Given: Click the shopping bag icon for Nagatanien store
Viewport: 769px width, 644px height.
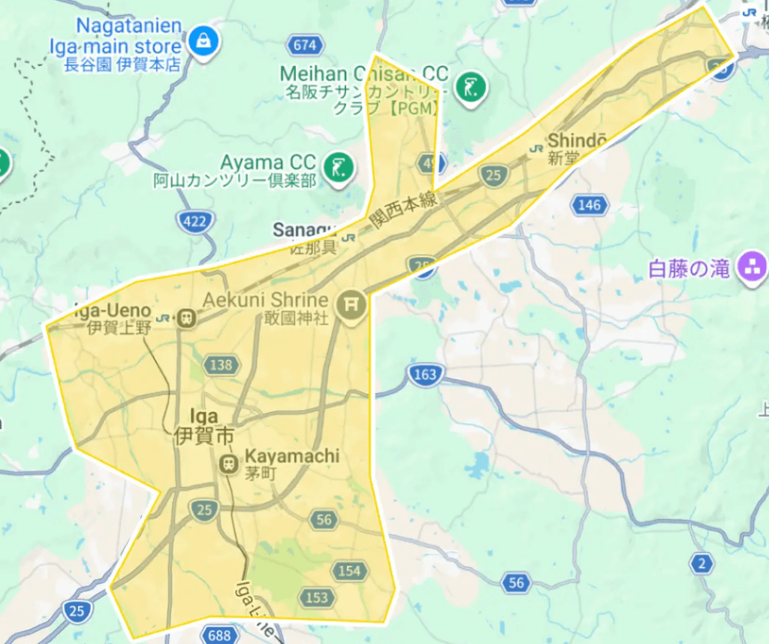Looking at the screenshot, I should [203, 41].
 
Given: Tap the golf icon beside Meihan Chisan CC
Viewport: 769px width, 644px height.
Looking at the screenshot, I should [471, 88].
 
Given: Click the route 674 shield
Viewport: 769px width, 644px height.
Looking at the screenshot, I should [304, 45].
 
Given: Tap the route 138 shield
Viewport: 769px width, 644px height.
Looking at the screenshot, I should [221, 365].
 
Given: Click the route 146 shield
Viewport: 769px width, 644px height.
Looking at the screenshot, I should [590, 204].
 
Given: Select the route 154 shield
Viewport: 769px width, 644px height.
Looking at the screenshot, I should [349, 571].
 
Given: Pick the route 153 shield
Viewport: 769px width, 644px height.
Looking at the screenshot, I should [317, 597].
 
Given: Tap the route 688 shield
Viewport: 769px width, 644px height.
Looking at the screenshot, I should [219, 636].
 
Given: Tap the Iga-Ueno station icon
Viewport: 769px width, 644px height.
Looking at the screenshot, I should [185, 318].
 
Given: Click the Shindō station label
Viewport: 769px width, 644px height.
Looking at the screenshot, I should [576, 141].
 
